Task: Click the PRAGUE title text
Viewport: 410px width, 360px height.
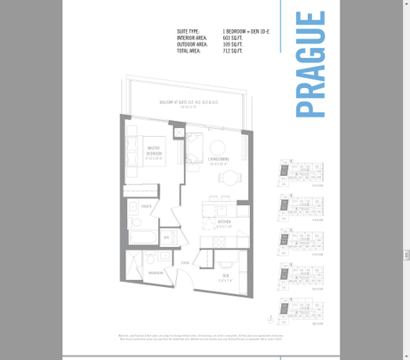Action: pyautogui.click(x=310, y=64)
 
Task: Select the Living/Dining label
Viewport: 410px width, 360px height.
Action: pyautogui.click(x=220, y=160)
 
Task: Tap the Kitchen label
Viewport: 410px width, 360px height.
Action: pyautogui.click(x=224, y=222)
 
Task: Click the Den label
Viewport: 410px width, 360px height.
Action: pyautogui.click(x=225, y=277)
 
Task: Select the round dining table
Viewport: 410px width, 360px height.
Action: pyautogui.click(x=229, y=177)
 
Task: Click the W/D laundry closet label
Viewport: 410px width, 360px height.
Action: pyautogui.click(x=166, y=237)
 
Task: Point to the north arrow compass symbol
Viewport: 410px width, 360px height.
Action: pyautogui.click(x=271, y=316)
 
